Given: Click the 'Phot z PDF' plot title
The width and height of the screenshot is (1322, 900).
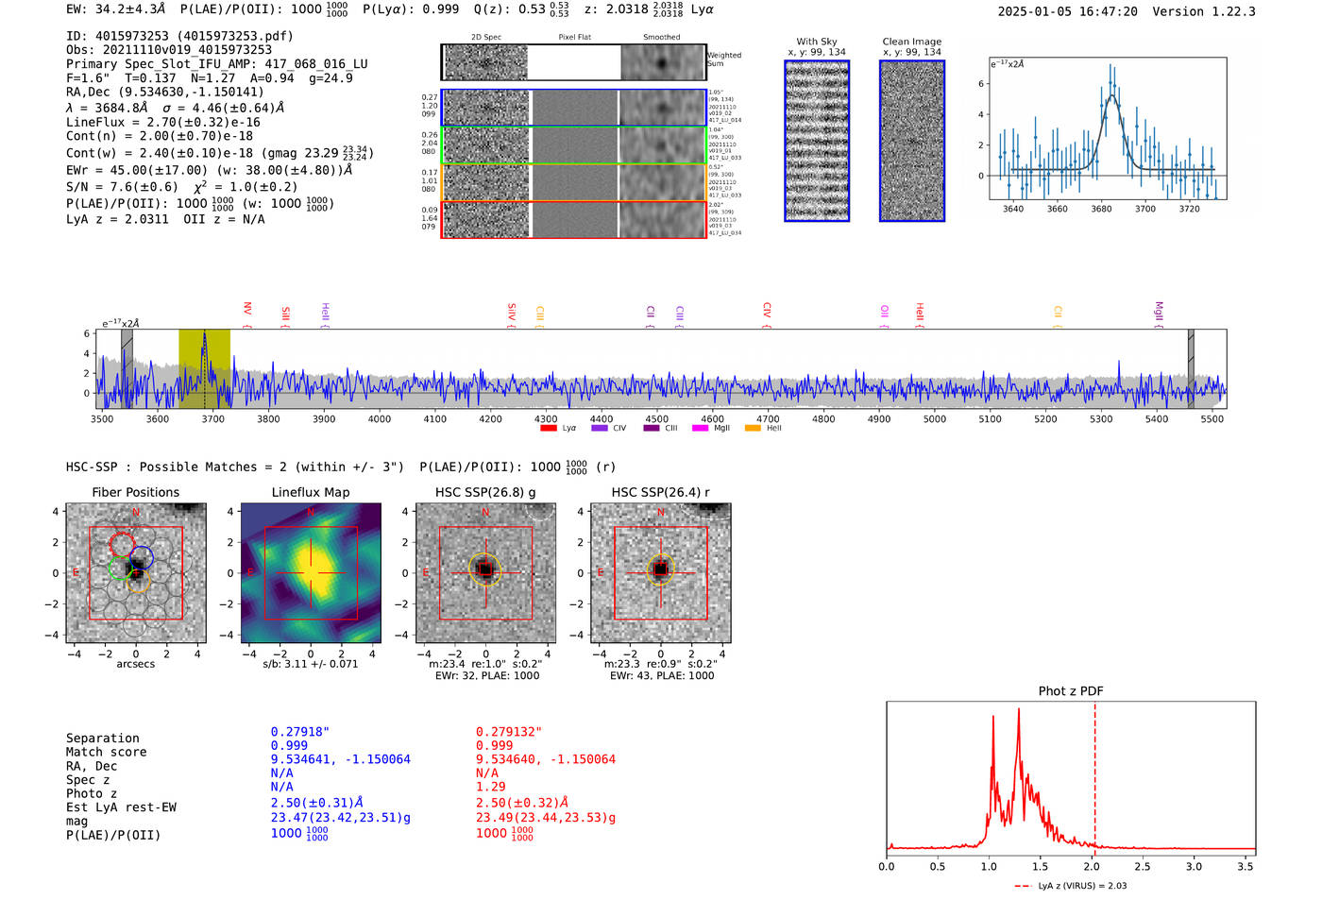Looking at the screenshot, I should pos(1071,690).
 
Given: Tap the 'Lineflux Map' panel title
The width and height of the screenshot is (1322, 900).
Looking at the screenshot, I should pos(310,492).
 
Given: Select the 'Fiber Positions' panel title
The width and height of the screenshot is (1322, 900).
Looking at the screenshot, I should pos(135,492).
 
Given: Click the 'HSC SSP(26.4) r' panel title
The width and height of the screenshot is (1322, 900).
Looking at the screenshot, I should pos(660,492).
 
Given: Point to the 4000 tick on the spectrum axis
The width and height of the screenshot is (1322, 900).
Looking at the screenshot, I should pos(380,418).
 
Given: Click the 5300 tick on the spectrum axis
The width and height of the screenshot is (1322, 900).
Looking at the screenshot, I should pos(1101,418).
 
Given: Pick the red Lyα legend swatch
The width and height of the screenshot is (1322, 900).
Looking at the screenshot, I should pos(548,429).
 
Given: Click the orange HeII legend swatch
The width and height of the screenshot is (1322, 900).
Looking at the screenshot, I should pos(753,429).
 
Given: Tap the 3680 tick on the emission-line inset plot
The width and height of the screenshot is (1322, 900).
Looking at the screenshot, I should pos(1101,209).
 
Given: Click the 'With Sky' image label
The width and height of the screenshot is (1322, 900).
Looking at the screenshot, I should pos(816,42).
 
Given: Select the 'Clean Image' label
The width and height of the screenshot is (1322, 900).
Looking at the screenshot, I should pos(911,42).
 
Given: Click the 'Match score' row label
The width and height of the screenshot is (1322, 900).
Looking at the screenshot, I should pos(106,752).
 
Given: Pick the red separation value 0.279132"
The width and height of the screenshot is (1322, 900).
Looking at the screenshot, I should pos(509,732).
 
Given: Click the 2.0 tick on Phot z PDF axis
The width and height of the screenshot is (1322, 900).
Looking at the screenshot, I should pos(1091,866).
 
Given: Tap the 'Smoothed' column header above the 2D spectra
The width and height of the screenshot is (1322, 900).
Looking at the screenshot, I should pos(661,38).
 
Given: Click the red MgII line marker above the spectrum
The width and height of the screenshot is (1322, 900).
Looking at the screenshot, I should pos(1159,312).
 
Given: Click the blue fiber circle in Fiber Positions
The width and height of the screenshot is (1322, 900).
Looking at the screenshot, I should pos(142,557).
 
